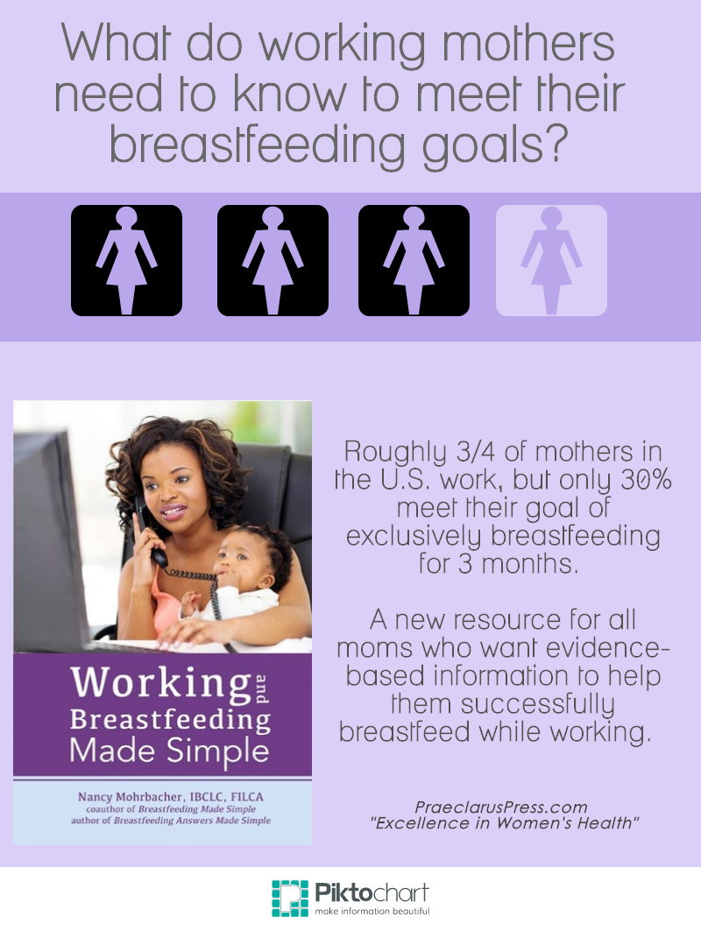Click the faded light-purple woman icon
point(551,260)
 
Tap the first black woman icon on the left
point(126,260)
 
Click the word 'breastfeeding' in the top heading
point(258,145)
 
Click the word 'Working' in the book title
point(160,683)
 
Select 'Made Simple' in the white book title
point(169,751)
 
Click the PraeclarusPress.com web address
point(501,808)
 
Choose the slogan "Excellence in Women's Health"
point(505,823)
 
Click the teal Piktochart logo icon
point(290,899)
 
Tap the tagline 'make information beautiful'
point(372,912)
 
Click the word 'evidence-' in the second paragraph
point(607,648)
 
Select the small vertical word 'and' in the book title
point(261,688)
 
